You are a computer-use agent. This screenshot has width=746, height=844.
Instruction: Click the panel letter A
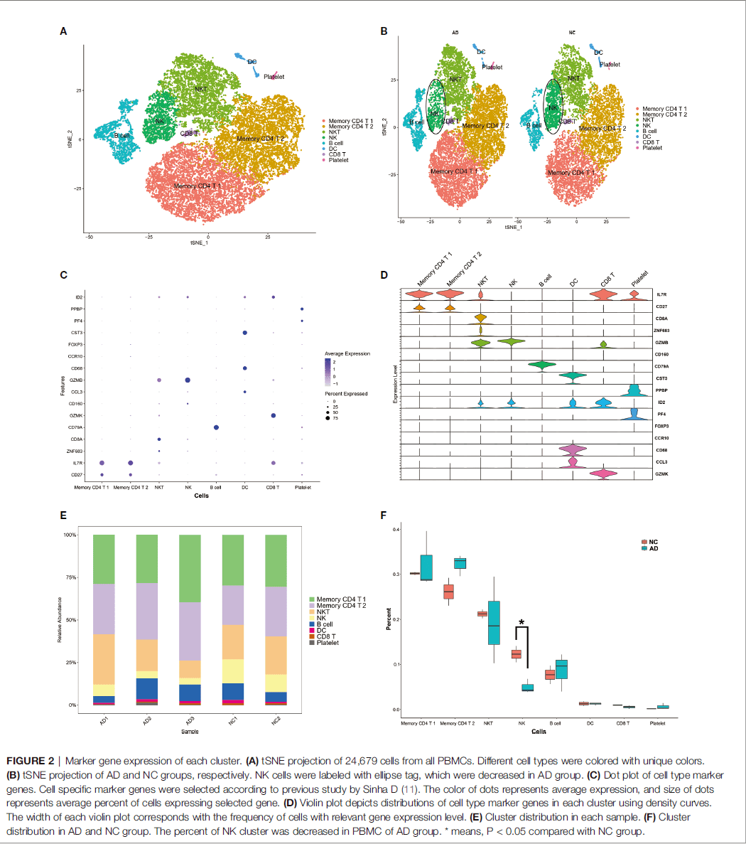pos(63,31)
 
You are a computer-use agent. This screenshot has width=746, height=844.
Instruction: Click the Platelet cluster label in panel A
pos(274,77)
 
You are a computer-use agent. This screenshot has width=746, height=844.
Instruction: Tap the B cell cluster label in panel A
pos(122,135)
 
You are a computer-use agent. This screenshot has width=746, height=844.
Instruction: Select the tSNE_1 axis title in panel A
pos(200,243)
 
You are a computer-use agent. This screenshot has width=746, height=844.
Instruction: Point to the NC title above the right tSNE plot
pos(572,33)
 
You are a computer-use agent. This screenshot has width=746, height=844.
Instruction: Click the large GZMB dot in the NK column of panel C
pos(188,380)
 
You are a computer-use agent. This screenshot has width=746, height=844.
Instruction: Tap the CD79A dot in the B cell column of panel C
pos(216,427)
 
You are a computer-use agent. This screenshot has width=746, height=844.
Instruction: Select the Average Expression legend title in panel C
pos(347,353)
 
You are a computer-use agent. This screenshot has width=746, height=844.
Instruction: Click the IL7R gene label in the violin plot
pos(661,294)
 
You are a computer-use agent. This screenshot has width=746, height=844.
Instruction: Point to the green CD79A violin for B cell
pos(541,365)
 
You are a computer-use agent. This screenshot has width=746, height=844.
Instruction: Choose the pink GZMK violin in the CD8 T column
pos(603,474)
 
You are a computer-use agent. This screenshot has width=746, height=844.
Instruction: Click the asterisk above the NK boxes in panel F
pos(522,624)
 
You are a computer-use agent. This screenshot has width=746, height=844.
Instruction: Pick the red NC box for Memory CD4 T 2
pos(448,592)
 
